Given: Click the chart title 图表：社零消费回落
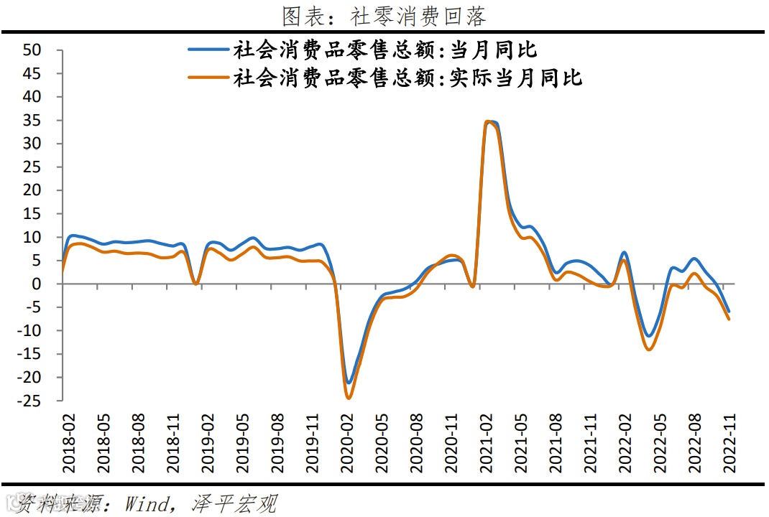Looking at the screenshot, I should [384, 15].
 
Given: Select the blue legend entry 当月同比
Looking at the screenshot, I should [384, 50].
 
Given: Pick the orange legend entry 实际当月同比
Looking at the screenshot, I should [407, 78].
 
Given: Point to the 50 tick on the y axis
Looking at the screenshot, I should [33, 50].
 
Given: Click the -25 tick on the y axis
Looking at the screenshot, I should [31, 401].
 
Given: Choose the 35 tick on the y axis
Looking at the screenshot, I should [33, 121].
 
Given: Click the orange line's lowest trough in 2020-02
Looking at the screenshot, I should [349, 398].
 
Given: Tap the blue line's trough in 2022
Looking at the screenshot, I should [649, 336].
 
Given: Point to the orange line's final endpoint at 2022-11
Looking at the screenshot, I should [729, 319].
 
